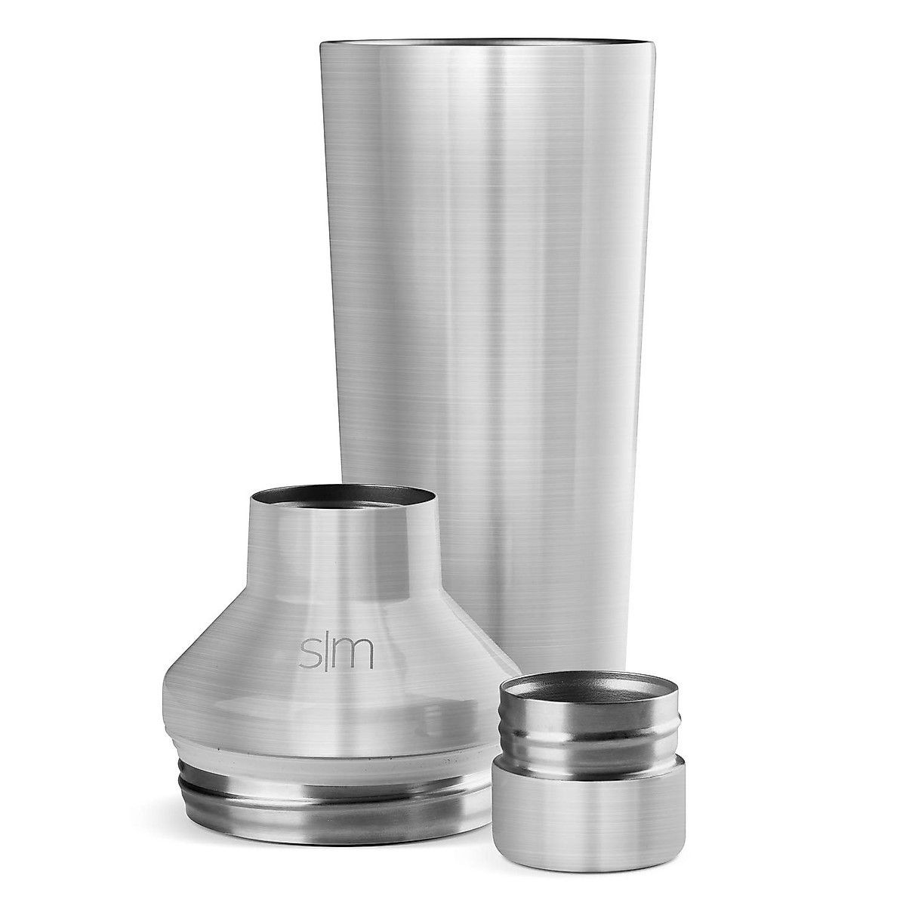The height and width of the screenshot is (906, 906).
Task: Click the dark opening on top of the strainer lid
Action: [x=342, y=499]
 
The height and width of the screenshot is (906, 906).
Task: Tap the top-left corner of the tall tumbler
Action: [x=322, y=47]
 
